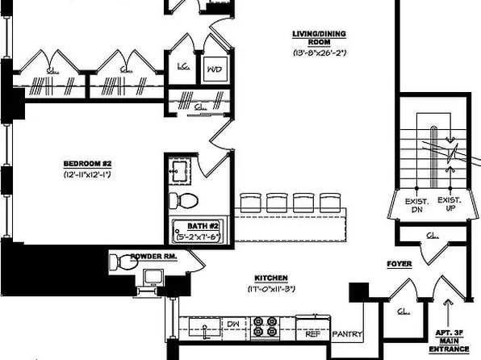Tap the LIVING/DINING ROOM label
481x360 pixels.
(316, 38)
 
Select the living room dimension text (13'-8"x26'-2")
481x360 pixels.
(316, 53)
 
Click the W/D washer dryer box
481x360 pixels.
(215, 69)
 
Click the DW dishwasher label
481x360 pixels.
(232, 324)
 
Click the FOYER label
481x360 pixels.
(399, 263)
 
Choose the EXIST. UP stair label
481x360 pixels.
(448, 203)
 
